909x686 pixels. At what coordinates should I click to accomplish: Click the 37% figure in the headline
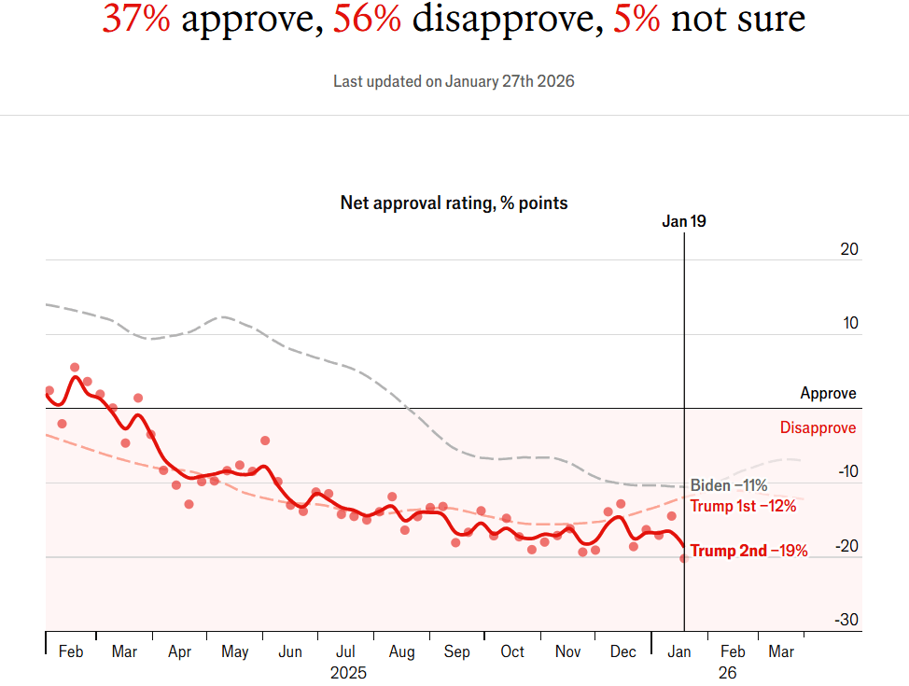click(136, 18)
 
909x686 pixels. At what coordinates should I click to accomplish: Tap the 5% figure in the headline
click(636, 18)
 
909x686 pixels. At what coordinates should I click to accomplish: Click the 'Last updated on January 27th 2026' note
click(454, 81)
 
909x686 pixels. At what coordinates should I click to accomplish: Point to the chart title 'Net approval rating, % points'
click(454, 203)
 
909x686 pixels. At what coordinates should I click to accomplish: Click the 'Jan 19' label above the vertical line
click(684, 221)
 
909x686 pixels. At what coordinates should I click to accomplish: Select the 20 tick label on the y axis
click(848, 249)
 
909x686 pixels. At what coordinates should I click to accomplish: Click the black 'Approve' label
click(828, 394)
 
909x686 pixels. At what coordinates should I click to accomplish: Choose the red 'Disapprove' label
click(818, 428)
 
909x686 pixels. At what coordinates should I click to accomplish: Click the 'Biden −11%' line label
click(729, 485)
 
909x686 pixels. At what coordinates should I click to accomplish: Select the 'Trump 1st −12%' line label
click(743, 506)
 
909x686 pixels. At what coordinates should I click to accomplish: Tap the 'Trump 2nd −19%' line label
click(748, 551)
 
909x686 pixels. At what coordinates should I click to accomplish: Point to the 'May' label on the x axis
click(235, 651)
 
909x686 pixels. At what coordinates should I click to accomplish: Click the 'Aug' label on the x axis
click(401, 651)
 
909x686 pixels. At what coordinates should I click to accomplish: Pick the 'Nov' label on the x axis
click(567, 651)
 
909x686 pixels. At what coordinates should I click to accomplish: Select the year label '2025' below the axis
click(349, 672)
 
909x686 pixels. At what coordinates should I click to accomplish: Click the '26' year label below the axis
click(728, 672)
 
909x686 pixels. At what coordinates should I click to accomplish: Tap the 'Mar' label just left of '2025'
click(124, 651)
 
